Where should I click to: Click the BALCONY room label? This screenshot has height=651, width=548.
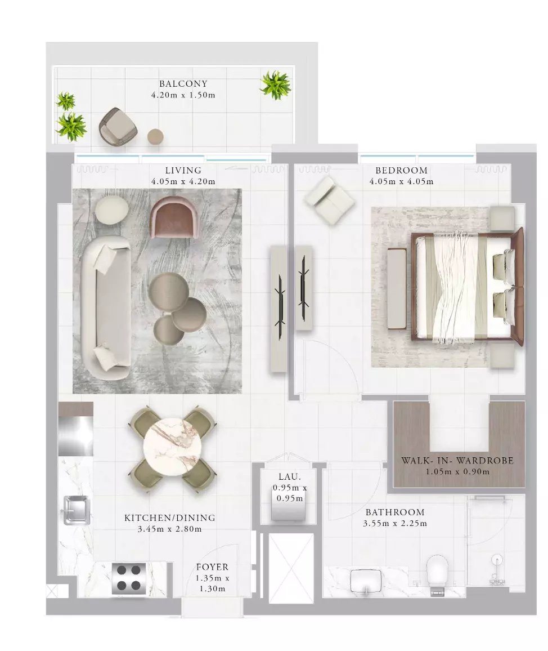tap(183, 84)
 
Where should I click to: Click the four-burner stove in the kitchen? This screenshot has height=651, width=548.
tap(129, 579)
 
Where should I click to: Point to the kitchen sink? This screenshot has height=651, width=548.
tap(77, 510)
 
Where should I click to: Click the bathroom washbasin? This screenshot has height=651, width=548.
tap(366, 581)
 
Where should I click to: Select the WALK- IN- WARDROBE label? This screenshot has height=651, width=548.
tap(457, 461)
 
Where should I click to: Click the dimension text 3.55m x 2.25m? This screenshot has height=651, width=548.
tap(395, 524)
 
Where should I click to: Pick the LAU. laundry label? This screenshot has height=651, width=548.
tap(290, 477)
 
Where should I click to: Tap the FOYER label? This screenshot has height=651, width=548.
tap(213, 567)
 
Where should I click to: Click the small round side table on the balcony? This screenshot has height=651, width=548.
tap(155, 136)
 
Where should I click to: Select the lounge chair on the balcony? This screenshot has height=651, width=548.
tap(118, 127)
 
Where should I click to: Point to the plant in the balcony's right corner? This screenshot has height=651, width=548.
tap(275, 84)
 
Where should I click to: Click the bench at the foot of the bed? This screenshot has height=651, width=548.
tap(397, 288)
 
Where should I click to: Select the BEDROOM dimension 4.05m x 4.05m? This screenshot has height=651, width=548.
tap(402, 181)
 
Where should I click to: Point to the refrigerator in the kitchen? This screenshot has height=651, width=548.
tap(75, 429)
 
